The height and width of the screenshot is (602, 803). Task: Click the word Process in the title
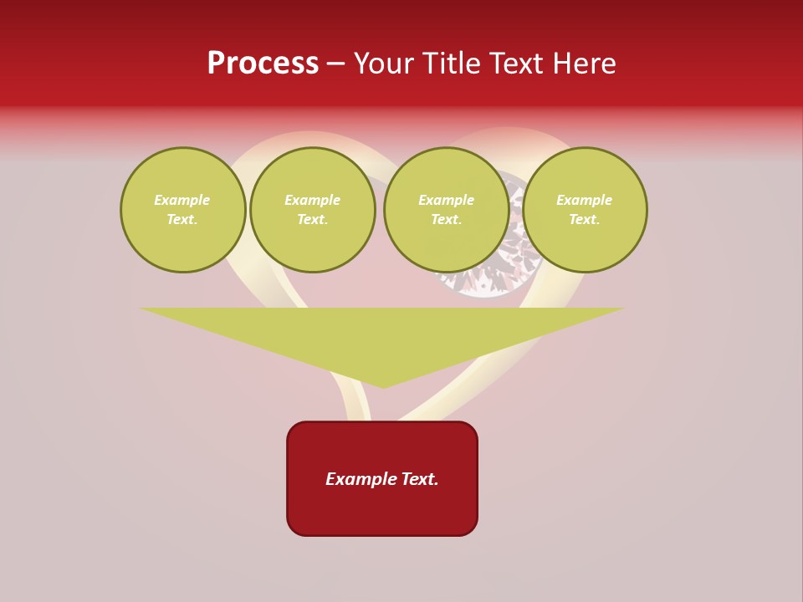[x=263, y=64]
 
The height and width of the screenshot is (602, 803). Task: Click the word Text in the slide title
[x=519, y=64]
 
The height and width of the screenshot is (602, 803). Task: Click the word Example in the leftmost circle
[x=182, y=200]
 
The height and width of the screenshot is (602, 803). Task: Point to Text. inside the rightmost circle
[x=585, y=220]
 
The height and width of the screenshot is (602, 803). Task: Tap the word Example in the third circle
[x=446, y=200]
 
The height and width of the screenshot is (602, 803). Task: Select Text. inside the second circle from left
[x=312, y=220]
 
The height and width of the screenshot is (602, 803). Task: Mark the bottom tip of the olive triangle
[x=383, y=385]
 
